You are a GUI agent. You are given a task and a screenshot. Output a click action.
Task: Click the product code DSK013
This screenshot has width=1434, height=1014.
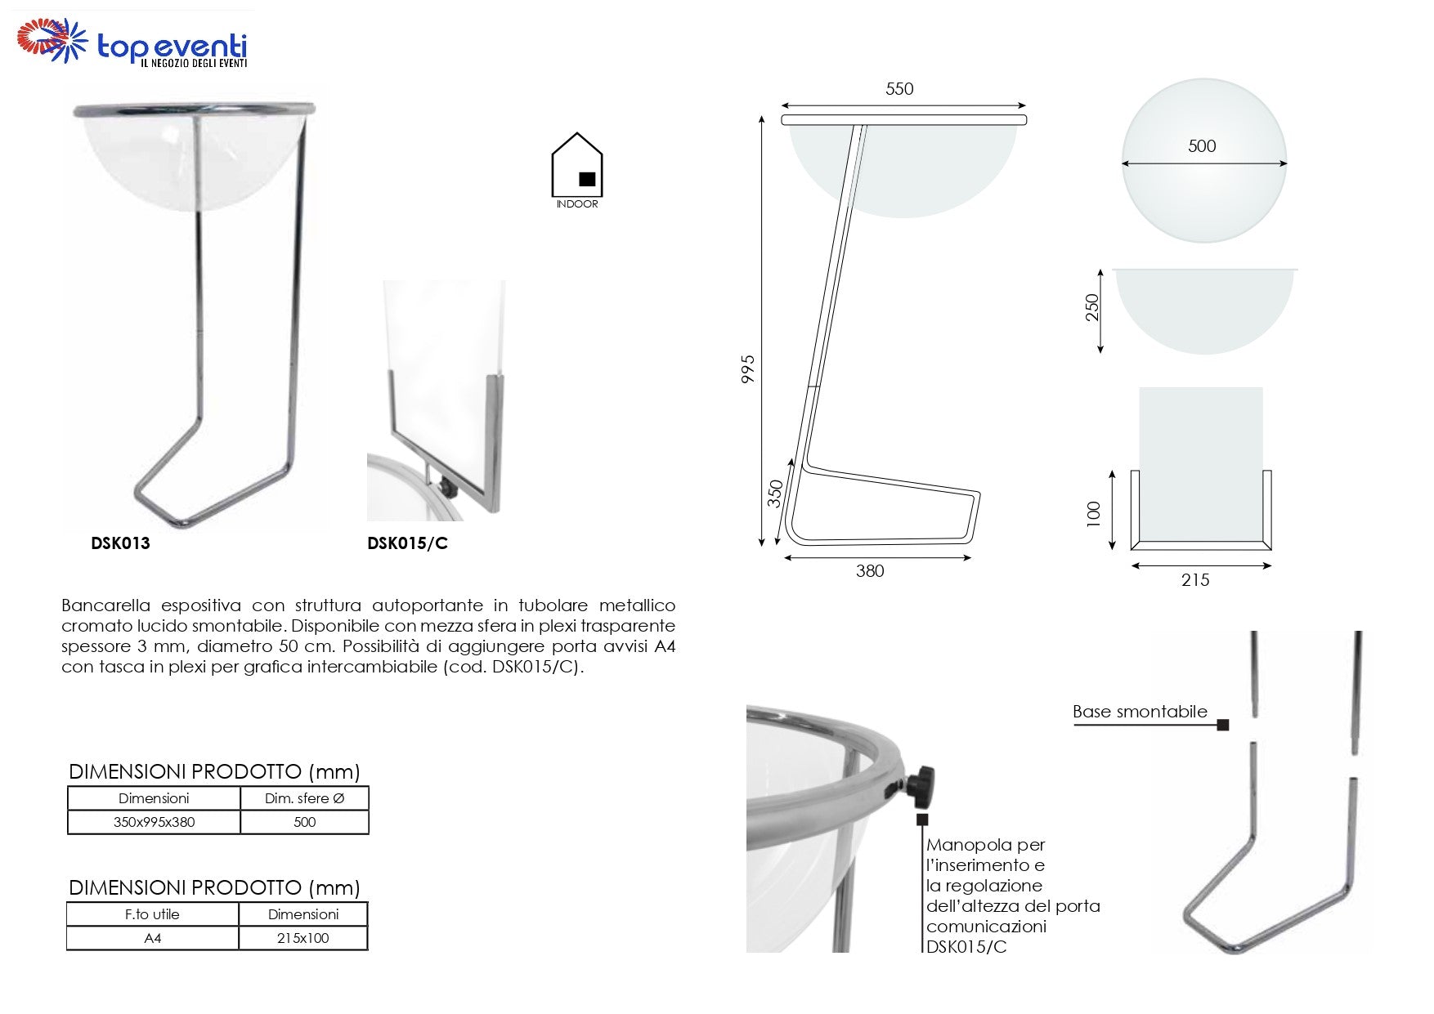[121, 543]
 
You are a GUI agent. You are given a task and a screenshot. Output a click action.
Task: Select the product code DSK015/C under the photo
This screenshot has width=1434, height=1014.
[407, 543]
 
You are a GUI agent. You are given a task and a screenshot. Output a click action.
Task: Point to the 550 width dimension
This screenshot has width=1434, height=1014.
[899, 89]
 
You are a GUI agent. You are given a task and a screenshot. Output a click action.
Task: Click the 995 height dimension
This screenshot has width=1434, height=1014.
[747, 369]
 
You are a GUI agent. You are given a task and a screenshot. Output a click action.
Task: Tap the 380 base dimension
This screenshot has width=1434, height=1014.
[870, 571]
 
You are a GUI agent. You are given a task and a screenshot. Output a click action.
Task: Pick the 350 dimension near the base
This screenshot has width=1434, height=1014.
[775, 493]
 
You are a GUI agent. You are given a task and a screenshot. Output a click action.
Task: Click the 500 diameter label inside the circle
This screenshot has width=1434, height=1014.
[1202, 146]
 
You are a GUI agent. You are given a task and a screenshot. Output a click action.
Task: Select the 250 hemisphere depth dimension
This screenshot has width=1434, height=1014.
[1092, 307]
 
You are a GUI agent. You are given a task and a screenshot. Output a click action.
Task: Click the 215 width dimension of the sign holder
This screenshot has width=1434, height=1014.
[1195, 580]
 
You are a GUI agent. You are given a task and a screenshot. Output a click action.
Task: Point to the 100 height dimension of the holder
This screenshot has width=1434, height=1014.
[1094, 513]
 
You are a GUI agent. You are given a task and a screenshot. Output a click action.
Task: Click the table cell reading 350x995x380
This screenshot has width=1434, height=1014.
[154, 822]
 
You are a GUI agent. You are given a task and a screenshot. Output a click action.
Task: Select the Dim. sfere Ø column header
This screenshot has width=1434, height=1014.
[304, 798]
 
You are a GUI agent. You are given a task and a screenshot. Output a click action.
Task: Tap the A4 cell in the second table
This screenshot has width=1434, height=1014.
[153, 938]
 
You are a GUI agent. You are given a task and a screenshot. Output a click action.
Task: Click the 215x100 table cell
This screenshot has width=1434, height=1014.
[302, 938]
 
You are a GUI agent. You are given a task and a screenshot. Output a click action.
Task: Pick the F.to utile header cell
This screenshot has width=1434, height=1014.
[153, 914]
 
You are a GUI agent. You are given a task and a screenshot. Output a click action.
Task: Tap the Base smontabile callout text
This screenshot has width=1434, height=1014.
[1140, 712]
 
